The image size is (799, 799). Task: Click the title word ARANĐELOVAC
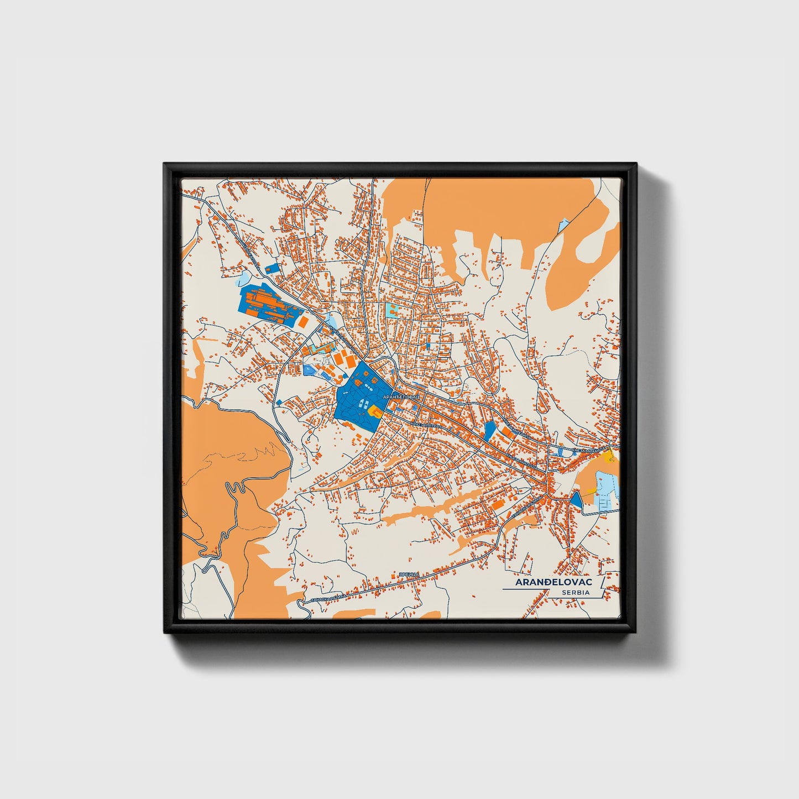coord(553,582)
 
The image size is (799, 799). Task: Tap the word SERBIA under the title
coord(575,592)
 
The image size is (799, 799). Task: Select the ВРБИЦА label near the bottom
coord(410,576)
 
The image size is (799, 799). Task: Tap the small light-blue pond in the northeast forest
coord(563,226)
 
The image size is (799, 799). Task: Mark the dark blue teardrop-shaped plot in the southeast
coord(576,499)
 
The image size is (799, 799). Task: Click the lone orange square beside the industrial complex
coord(304,321)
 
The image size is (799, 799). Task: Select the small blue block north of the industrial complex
coord(272,268)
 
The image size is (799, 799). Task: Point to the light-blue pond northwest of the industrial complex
coord(243,277)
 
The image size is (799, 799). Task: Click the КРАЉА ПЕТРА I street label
coord(426,425)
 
